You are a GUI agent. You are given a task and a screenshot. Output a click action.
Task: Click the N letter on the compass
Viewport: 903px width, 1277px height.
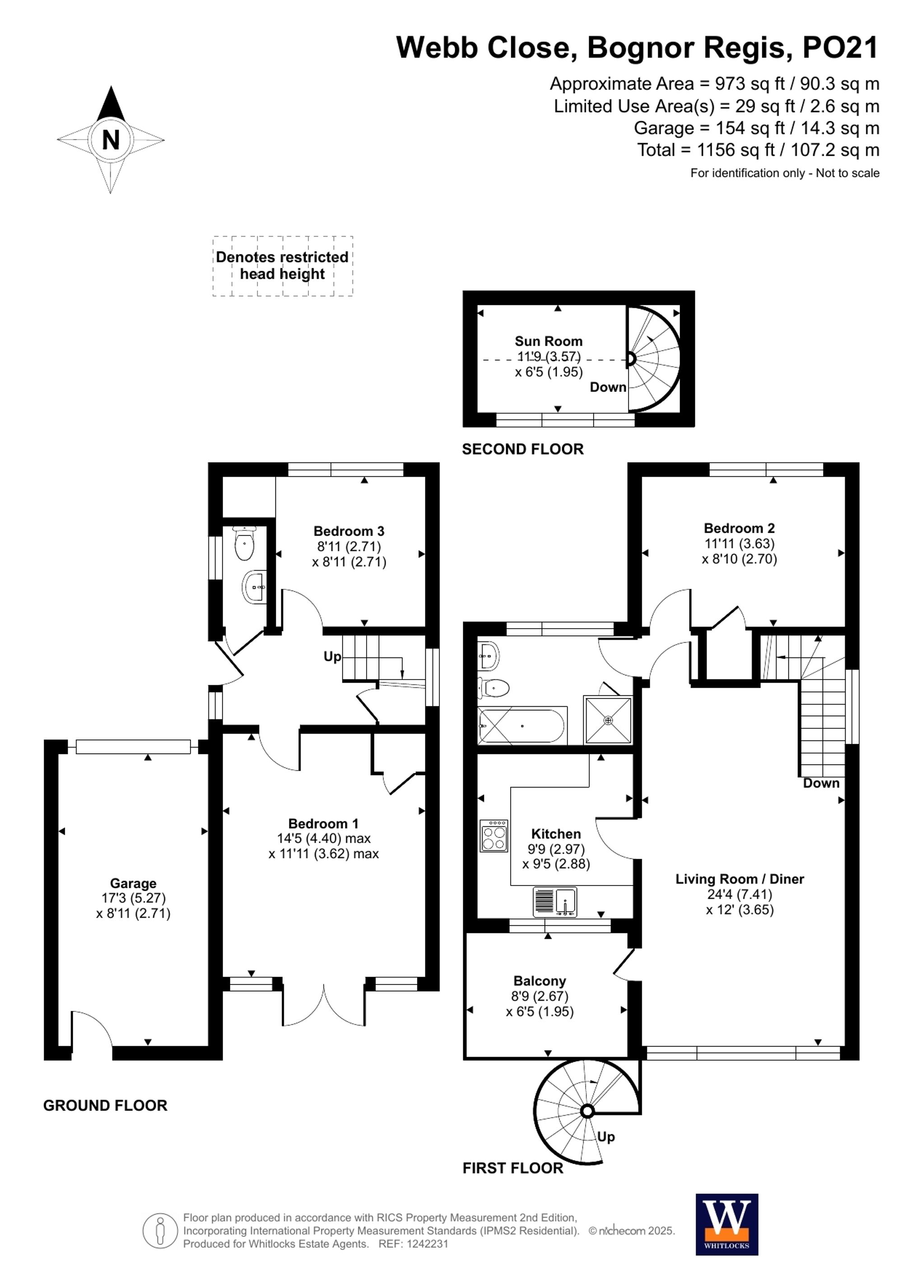[111, 140]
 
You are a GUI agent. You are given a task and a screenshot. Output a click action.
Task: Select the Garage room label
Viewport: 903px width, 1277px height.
[133, 883]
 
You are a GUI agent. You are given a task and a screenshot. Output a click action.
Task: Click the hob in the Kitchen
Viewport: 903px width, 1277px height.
[494, 835]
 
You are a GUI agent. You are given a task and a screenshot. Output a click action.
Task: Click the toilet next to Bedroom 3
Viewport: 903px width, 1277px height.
[244, 544]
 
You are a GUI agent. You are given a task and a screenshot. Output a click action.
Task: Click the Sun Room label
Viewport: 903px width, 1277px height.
[548, 341]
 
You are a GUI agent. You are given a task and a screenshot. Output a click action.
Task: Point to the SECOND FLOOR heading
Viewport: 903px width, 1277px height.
[523, 449]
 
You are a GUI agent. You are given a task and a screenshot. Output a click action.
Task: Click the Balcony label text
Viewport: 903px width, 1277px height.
[540, 981]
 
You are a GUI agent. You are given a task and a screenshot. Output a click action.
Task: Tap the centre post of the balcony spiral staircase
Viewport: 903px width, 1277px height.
[587, 1111]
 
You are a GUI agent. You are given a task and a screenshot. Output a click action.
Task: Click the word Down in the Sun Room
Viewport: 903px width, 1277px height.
[608, 387]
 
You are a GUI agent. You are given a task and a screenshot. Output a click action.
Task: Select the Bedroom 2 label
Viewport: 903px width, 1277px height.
[739, 528]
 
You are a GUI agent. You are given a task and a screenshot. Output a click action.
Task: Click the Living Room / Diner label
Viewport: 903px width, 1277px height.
[740, 879]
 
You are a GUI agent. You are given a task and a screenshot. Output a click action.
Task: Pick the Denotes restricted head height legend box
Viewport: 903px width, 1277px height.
[283, 266]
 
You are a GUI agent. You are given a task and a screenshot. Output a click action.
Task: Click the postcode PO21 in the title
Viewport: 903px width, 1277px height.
[840, 48]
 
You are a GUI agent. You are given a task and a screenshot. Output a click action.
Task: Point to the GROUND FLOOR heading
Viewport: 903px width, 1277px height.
[105, 1105]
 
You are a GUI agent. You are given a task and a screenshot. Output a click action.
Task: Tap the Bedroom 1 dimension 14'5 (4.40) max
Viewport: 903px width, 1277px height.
[324, 838]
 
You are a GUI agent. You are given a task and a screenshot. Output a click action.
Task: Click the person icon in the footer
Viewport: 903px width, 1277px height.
[160, 1230]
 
